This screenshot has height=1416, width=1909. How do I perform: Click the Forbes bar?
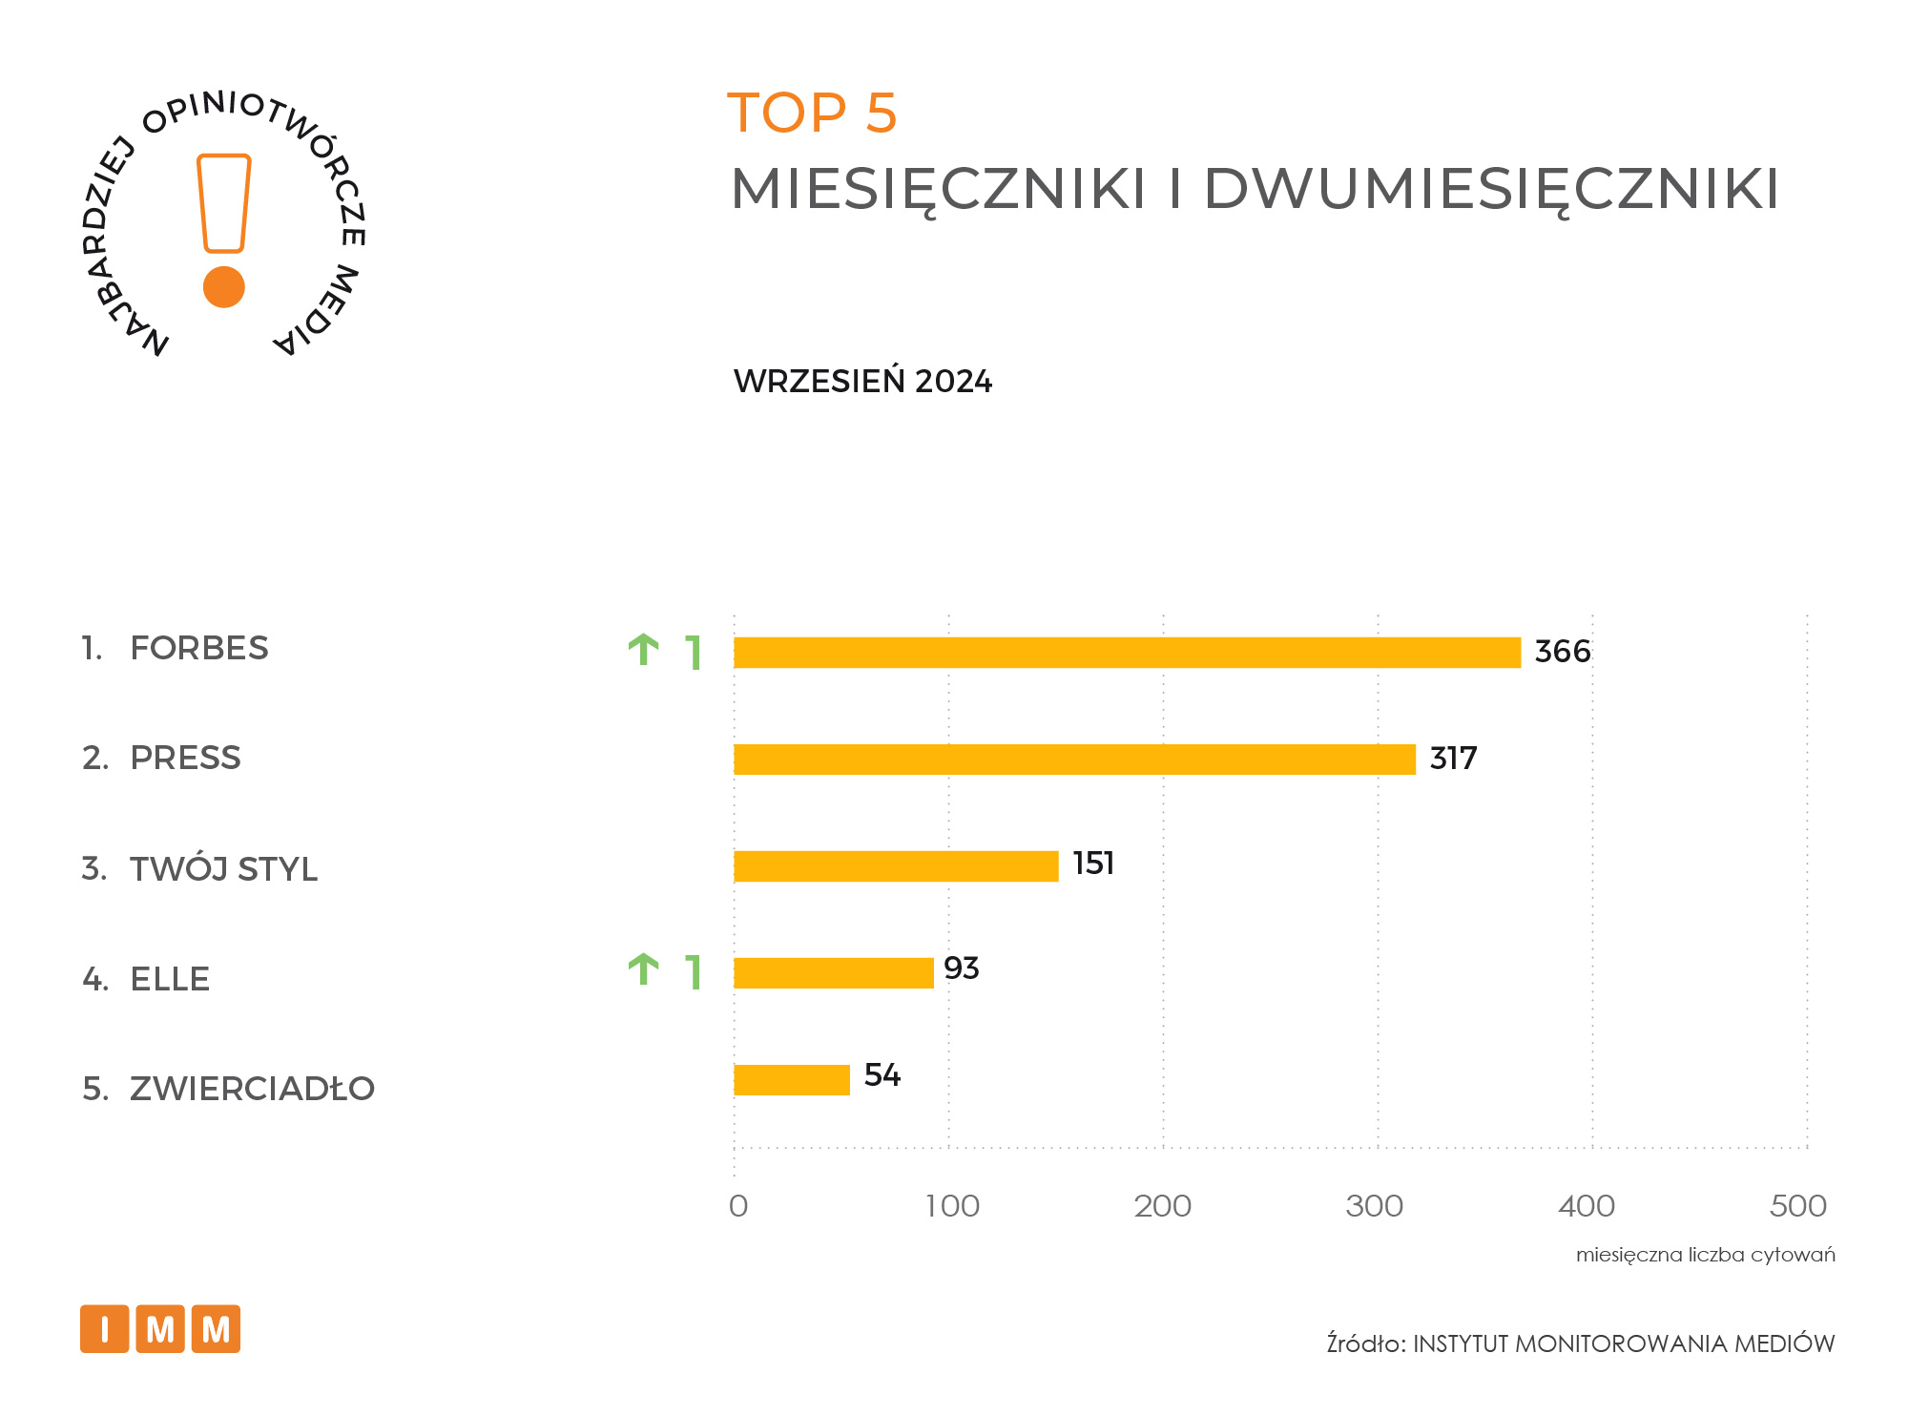coord(1127,653)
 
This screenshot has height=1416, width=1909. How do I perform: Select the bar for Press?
coord(1074,760)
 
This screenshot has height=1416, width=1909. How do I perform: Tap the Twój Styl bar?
coord(896,866)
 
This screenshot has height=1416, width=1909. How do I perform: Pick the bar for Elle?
coord(833,973)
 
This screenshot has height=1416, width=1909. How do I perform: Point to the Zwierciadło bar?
coord(791,1080)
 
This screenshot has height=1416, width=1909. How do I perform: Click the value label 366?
coord(1562,652)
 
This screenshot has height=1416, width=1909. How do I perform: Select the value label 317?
coord(1453,759)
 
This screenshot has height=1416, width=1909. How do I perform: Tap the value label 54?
coord(882,1075)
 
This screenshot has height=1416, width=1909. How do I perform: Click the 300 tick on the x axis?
coord(1374,1206)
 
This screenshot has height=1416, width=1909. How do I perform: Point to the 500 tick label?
coord(1797,1206)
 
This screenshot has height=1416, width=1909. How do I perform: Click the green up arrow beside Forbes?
coord(644,650)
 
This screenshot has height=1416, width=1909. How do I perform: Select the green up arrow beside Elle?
coord(644,969)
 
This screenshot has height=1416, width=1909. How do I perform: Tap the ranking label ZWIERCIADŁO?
coord(252,1089)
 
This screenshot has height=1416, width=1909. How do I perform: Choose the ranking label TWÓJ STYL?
coord(223,869)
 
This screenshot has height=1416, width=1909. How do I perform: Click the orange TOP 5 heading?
coord(812,113)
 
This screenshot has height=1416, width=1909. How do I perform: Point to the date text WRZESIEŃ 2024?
coord(862,382)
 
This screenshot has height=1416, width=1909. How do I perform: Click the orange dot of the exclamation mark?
coord(224,286)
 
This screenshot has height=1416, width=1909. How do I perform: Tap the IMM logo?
coord(160,1328)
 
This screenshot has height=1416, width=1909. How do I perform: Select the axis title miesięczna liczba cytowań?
coord(1705,1255)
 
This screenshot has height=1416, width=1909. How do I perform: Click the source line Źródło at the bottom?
coord(1580,1343)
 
